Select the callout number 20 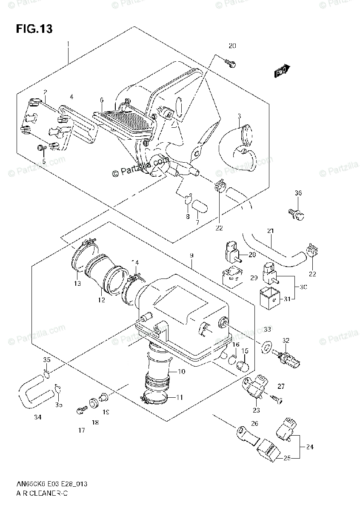[232, 46]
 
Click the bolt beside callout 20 [230, 64]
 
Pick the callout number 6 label [102, 100]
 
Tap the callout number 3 [240, 116]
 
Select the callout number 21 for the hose [270, 231]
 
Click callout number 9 [192, 255]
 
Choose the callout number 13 [77, 284]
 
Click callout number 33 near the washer [267, 329]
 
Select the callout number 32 [286, 340]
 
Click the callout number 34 [38, 417]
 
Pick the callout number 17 [81, 431]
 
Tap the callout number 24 [309, 447]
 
